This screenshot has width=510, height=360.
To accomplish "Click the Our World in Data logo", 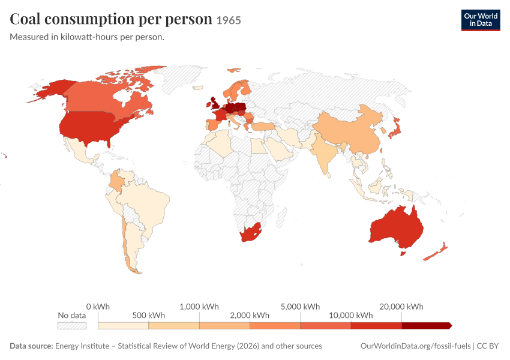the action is coord(481,20).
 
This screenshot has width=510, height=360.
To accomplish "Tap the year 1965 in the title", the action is coord(229,20).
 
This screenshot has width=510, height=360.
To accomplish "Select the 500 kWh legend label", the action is coord(148,316).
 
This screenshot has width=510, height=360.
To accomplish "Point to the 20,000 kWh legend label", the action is coord(401,307).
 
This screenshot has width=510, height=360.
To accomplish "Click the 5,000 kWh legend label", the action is coord(300,307).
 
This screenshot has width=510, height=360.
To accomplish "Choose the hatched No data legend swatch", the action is coord(72,326).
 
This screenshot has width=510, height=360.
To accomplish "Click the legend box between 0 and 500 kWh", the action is coord(123,326).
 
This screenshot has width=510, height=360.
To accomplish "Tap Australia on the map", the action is coord(396,227).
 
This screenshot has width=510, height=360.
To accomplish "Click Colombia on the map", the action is coord(115,181).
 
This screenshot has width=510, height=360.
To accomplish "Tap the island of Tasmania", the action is coord(403,253).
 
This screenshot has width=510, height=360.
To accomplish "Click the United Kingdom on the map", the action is coord(215,103).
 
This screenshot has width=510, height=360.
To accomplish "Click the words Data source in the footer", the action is coord(31,346).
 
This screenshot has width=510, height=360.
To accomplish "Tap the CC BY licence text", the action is coord(488,346).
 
